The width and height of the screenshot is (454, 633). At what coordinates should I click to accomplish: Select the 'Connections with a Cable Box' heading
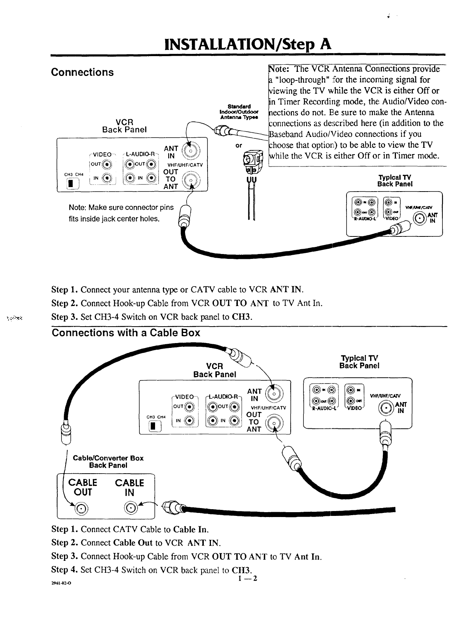pyautogui.click(x=126, y=333)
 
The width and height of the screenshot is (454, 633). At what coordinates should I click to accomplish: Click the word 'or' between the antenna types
pyautogui.click(x=239, y=145)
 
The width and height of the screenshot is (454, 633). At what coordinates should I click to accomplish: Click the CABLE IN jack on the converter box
pyautogui.click(x=130, y=508)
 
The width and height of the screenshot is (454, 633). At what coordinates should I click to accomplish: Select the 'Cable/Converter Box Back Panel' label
pyautogui.click(x=108, y=462)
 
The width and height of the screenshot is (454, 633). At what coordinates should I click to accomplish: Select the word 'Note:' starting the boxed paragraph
pyautogui.click(x=279, y=69)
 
